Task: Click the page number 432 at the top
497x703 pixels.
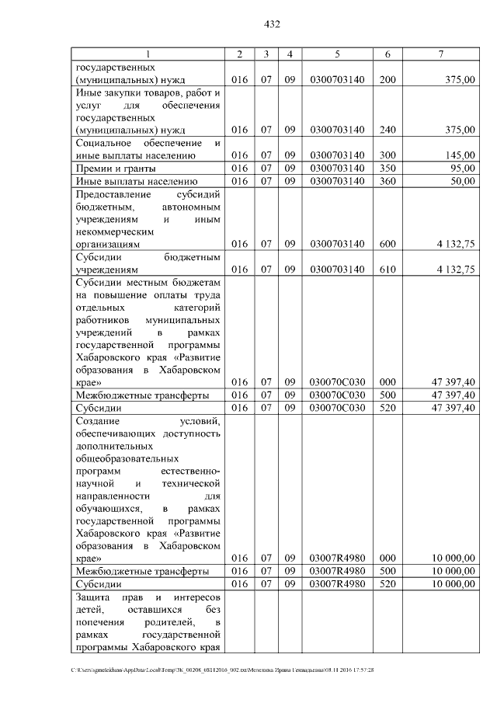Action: tap(272, 24)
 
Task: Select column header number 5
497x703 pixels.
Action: tap(337, 54)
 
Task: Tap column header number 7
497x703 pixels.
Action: tap(440, 54)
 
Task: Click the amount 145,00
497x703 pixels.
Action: tap(461, 155)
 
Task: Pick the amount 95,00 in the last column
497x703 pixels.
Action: tap(463, 168)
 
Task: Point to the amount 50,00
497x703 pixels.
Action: tap(463, 181)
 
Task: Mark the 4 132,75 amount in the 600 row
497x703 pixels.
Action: tap(456, 244)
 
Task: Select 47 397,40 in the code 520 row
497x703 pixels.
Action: tap(454, 407)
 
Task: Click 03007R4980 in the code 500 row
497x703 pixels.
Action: tap(337, 571)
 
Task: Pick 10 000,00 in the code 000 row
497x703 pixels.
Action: tap(454, 558)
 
